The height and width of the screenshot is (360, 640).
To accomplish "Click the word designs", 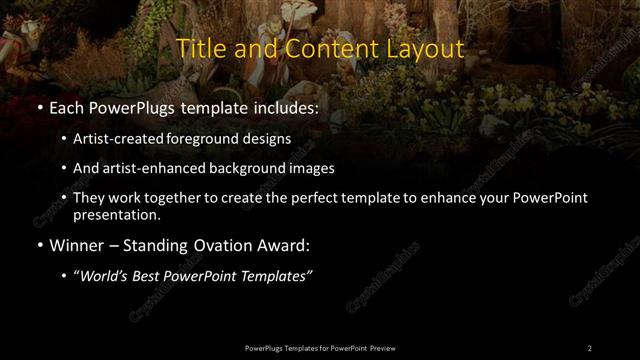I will pos(269,138).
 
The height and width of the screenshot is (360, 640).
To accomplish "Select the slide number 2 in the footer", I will pos(590,347).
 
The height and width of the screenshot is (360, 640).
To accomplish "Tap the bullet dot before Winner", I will pos(39,244).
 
